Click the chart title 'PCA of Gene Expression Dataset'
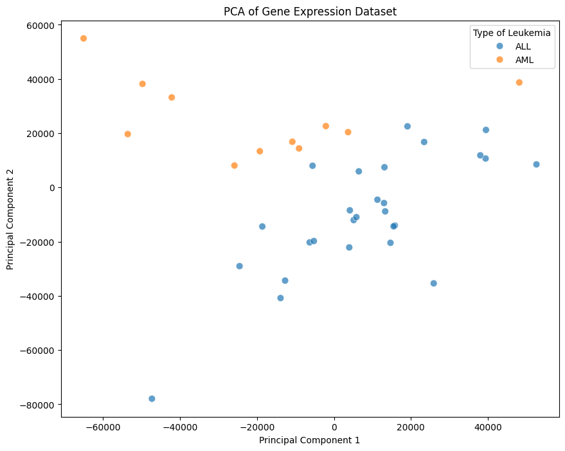(310, 11)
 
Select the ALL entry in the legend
(523, 46)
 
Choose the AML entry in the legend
(524, 60)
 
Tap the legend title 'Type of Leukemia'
(511, 32)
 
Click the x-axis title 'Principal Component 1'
(309, 440)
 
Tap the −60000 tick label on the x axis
(103, 427)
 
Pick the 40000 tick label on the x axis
(487, 427)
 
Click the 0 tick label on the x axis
(334, 427)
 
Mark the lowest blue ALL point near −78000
(152, 399)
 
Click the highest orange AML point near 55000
(84, 39)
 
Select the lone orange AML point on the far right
(519, 82)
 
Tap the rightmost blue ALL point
(536, 165)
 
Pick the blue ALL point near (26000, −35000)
(434, 283)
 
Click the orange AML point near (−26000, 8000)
(235, 166)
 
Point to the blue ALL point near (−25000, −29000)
(240, 266)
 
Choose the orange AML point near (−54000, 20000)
(128, 134)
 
